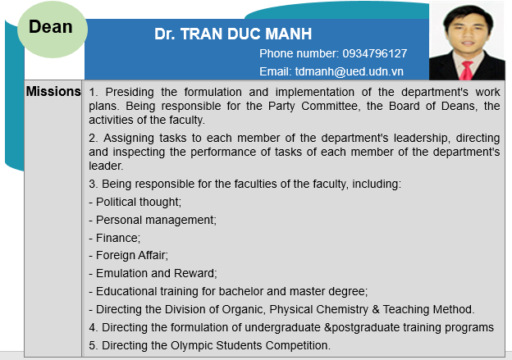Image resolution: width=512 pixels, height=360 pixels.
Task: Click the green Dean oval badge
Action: tap(53, 29)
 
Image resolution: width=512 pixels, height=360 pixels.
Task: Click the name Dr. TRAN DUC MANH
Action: tap(233, 34)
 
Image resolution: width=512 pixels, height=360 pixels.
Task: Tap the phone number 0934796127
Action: tap(374, 53)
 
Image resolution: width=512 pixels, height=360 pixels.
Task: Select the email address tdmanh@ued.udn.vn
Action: tap(349, 71)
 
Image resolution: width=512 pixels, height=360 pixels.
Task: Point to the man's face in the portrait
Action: tap(467, 32)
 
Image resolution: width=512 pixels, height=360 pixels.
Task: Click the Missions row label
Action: tap(53, 91)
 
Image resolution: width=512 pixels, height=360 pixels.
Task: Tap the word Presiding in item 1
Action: tap(130, 92)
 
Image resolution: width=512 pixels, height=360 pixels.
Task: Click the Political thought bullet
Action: tap(135, 202)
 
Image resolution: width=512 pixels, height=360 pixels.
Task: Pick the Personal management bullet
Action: tap(153, 221)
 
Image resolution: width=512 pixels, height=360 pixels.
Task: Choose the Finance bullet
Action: tap(115, 238)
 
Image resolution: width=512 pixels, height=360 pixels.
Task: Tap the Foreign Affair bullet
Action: tap(128, 255)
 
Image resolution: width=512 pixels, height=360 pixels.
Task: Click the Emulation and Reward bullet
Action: tap(153, 273)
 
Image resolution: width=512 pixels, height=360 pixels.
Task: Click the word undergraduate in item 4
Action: tap(282, 327)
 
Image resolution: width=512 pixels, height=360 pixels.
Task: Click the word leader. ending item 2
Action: tap(106, 166)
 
